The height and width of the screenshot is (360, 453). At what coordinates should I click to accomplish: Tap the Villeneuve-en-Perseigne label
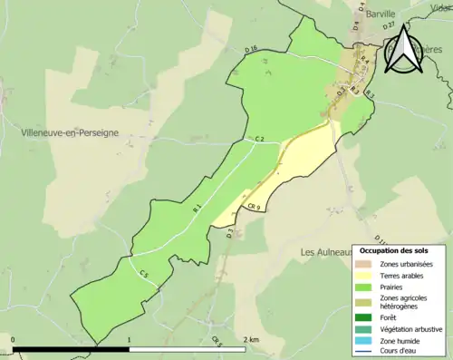[x=70, y=132]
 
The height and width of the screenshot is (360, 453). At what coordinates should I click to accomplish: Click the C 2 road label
[x=258, y=138]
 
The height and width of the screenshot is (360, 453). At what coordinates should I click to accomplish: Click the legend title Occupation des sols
[x=394, y=249]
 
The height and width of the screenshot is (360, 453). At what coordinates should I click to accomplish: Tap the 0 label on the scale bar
[x=13, y=339]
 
